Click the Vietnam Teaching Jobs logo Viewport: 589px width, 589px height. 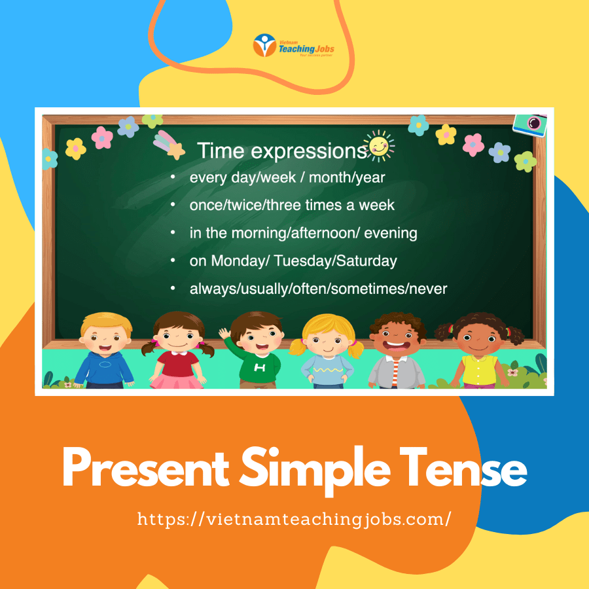tap(293, 45)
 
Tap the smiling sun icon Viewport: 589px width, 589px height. tap(380, 146)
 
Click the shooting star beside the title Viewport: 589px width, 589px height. tap(169, 145)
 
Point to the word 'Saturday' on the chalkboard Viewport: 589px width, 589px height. tap(366, 260)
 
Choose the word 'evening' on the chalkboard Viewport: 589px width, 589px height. tap(391, 233)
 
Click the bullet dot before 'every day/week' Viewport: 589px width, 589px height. tap(173, 177)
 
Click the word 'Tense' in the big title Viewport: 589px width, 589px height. tap(463, 468)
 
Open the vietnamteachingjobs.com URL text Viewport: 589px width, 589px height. tap(294, 520)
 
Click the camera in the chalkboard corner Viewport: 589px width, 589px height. tap(530, 125)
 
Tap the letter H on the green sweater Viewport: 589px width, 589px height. tap(260, 367)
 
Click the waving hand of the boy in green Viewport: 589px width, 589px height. tap(224, 333)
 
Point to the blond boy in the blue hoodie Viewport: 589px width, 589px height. tap(105, 350)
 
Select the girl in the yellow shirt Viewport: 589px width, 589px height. tap(479, 350)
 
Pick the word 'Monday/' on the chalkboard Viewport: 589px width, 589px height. tap(240, 260)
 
